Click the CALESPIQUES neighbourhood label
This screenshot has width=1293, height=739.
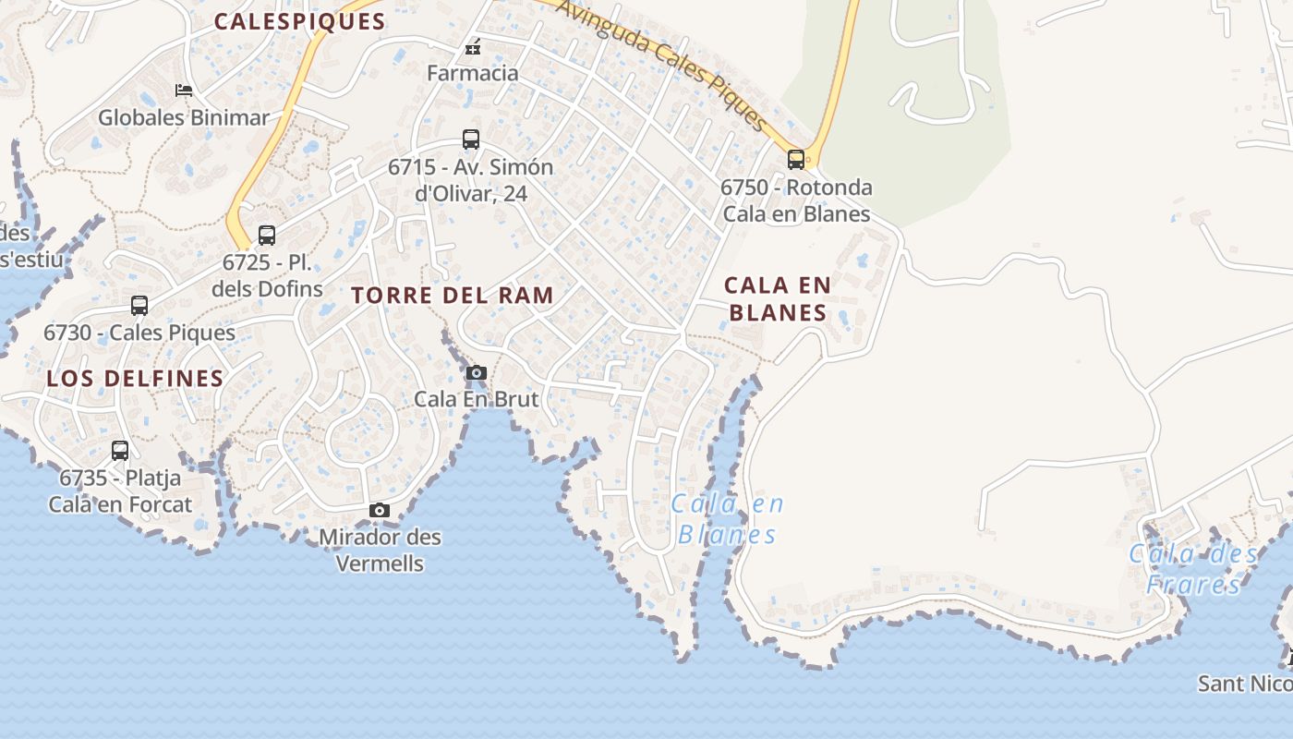[x=299, y=22]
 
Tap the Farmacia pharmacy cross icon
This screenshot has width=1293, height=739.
[x=473, y=48]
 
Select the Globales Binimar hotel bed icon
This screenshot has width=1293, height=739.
[x=184, y=91]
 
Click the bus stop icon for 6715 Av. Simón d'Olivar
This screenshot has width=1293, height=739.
[x=471, y=139]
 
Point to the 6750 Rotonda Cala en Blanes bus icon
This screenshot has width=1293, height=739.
[x=796, y=159]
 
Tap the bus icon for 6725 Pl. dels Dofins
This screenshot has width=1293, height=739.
[x=267, y=235]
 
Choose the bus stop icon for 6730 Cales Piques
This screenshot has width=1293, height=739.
[x=139, y=305]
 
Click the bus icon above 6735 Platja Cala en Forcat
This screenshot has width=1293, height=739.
[x=120, y=451]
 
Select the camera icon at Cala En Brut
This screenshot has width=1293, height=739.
[x=477, y=373]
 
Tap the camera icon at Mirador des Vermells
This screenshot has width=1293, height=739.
[x=379, y=511]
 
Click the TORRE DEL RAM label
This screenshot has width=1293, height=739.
[x=453, y=296]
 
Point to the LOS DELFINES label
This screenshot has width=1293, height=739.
[x=135, y=378]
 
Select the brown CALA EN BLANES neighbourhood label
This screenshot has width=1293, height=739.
[x=778, y=298]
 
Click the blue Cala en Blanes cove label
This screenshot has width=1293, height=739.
[x=728, y=519]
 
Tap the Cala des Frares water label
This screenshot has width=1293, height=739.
[x=1193, y=569]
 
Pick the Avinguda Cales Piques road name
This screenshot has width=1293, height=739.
[x=662, y=65]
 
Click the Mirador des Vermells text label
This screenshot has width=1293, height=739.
[x=380, y=550]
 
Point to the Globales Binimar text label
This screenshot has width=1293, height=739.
[x=184, y=117]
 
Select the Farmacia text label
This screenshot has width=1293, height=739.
[x=473, y=72]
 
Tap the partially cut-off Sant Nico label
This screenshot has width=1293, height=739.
[x=1245, y=684]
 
